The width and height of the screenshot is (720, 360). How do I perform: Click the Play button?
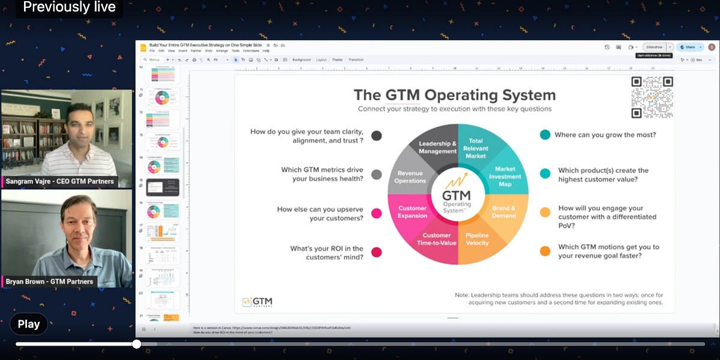click(x=28, y=324)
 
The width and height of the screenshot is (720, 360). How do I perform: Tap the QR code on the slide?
click(x=652, y=97)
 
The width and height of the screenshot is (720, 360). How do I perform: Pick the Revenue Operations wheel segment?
click(x=410, y=176)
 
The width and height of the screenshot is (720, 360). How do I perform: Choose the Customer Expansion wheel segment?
click(x=412, y=212)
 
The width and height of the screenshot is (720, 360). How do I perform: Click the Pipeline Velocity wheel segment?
click(x=477, y=239)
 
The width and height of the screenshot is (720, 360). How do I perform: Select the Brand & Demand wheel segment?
click(x=504, y=212)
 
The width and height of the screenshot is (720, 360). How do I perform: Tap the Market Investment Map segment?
click(x=506, y=176)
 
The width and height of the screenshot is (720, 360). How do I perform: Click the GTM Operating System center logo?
click(x=457, y=195)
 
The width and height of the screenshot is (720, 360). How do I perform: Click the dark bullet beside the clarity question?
click(x=377, y=136)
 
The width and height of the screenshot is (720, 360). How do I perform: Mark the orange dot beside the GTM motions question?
click(x=545, y=251)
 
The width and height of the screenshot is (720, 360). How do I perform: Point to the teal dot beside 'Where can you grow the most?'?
click(x=545, y=135)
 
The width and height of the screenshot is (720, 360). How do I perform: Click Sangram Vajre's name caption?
click(x=60, y=181)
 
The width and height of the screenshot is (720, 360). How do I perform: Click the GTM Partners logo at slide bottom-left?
click(x=257, y=302)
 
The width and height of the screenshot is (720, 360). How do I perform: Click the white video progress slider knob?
click(x=136, y=344)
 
